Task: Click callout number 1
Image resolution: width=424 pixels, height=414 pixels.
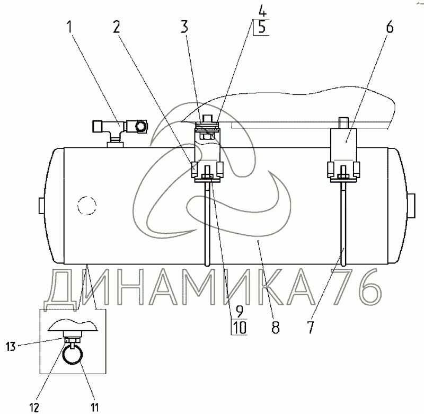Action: tap(70, 27)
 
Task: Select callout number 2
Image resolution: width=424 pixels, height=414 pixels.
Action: tap(116, 27)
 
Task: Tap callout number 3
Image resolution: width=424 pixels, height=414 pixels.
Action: tap(184, 27)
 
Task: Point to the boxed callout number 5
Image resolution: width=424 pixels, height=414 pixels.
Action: tap(262, 28)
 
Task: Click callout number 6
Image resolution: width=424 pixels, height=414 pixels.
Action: tap(390, 27)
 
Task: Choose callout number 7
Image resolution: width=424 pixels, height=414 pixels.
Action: tap(310, 327)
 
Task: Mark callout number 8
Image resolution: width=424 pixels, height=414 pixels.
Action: tap(276, 327)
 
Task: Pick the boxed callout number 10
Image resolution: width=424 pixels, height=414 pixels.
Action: tap(240, 328)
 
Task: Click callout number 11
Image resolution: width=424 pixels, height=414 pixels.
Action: tap(94, 407)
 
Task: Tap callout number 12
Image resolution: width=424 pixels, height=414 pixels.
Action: tap(34, 407)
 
